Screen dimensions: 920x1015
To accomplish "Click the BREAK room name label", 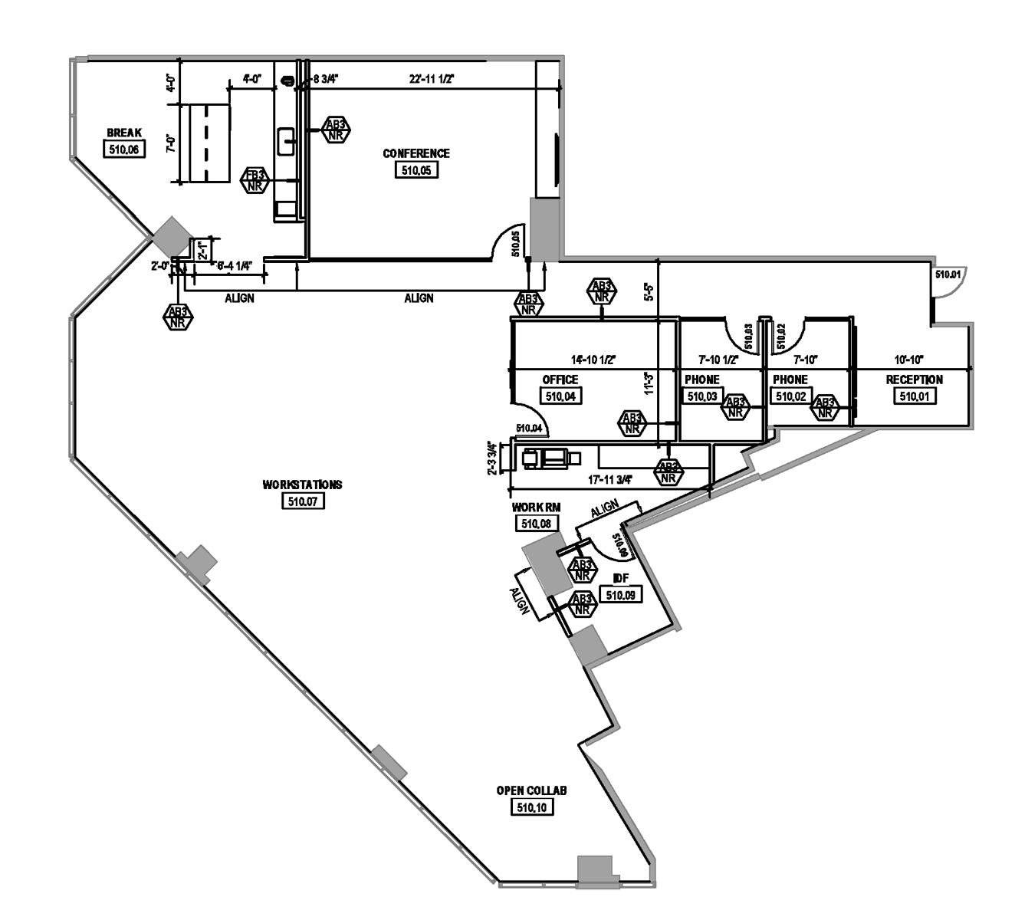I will (x=124, y=133).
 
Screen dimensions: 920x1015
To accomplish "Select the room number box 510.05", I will (x=416, y=170).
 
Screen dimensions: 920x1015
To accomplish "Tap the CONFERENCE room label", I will (x=416, y=153).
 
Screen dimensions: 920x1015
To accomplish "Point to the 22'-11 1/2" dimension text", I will (x=432, y=79).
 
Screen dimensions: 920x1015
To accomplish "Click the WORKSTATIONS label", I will (x=302, y=485).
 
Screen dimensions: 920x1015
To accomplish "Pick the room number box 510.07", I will (x=303, y=501).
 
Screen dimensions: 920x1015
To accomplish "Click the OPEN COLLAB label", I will (x=531, y=790).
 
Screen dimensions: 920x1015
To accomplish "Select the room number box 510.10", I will (x=532, y=807).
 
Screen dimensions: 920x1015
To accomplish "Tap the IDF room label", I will (x=621, y=578).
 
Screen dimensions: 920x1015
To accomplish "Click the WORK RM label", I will (x=536, y=508).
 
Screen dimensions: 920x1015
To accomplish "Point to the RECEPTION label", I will (x=914, y=379).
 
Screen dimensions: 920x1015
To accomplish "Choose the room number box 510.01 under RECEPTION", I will (x=914, y=396).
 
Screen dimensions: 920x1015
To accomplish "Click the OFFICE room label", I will (x=560, y=379).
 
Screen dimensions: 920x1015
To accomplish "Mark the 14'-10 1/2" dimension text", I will (x=593, y=359).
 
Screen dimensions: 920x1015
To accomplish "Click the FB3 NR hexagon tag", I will (x=255, y=180).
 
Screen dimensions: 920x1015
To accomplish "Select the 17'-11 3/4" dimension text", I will (x=609, y=480).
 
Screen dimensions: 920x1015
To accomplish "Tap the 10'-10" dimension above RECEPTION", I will (x=909, y=359).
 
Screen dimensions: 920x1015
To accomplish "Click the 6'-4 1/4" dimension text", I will (x=235, y=266).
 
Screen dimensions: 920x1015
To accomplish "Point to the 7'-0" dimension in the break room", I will (x=172, y=143).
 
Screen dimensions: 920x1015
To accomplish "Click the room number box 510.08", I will (x=537, y=524).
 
